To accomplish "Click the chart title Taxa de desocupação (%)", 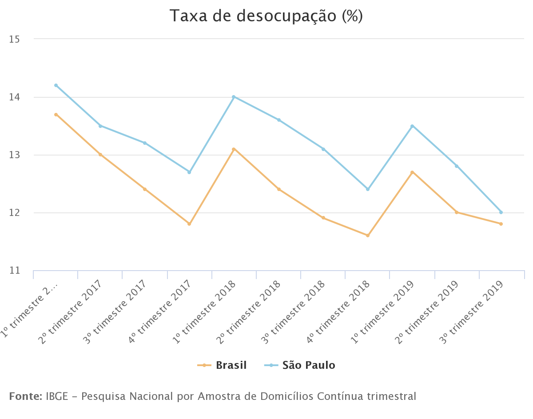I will point(266,16).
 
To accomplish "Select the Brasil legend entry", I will point(231,365).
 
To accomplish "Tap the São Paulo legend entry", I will point(309,365).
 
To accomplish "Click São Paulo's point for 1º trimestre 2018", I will point(234,97).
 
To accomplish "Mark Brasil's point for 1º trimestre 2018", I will point(234,149).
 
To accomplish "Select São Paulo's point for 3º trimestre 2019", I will point(501,212).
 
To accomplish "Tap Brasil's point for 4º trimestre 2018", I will point(368,235).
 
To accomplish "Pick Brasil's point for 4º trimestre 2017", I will point(189,224).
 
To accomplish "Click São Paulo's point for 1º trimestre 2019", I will point(412,126).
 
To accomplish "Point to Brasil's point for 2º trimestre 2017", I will point(100,155).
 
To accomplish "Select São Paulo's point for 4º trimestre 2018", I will point(368,189).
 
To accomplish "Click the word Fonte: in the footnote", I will point(25,396).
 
